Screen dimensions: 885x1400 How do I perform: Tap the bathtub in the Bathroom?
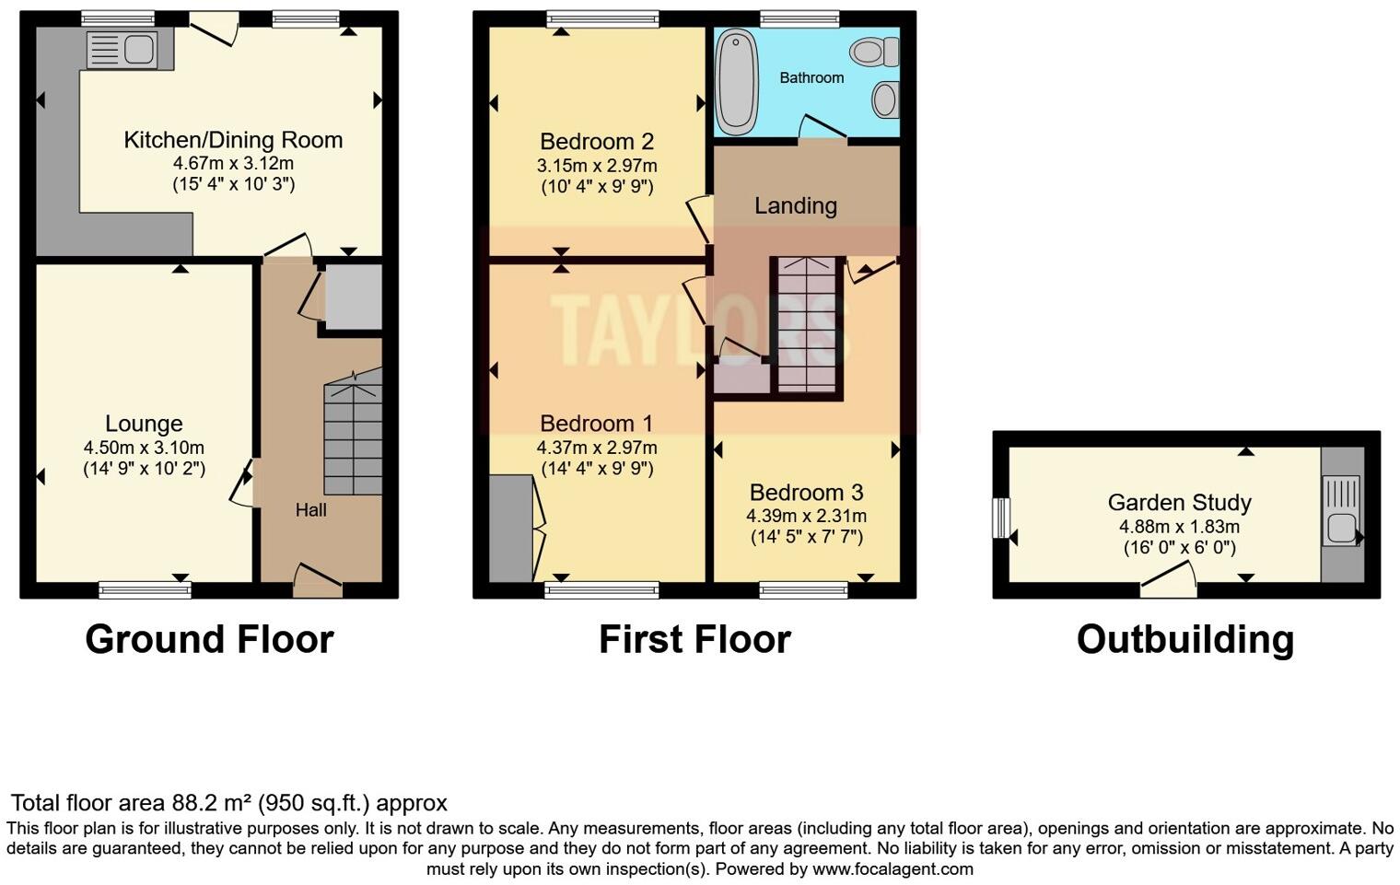point(736,80)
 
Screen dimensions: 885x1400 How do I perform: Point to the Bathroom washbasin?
point(884,99)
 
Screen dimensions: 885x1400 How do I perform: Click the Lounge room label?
point(144,424)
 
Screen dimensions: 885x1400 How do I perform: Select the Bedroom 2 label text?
point(597,142)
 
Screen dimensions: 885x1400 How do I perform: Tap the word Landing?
point(796,205)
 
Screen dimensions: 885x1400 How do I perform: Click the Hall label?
point(310,510)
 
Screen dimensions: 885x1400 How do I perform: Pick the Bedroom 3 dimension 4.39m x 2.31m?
point(807,516)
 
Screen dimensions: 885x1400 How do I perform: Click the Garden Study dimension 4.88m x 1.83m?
point(1179,527)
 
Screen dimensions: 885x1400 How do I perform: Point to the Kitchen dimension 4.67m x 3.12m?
point(233,163)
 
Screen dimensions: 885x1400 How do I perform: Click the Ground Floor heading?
point(209,639)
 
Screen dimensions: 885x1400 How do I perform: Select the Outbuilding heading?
point(1185,639)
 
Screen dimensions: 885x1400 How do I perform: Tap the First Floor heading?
point(694,639)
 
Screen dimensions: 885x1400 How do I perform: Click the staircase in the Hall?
point(353,433)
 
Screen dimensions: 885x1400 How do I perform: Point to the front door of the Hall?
point(317,581)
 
